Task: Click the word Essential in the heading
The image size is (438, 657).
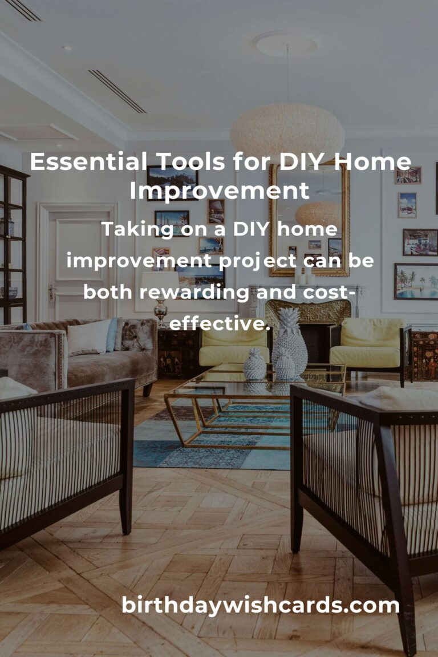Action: (88, 162)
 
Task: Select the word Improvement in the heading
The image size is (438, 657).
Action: (219, 191)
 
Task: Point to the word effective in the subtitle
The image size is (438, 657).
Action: (220, 323)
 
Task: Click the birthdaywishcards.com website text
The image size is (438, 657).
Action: (261, 606)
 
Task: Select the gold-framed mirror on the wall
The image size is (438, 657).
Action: (309, 218)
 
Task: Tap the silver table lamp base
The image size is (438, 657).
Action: (160, 312)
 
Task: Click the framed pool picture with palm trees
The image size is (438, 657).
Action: (416, 282)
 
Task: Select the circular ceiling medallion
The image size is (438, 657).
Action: (286, 44)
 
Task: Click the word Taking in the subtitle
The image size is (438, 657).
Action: (137, 230)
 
